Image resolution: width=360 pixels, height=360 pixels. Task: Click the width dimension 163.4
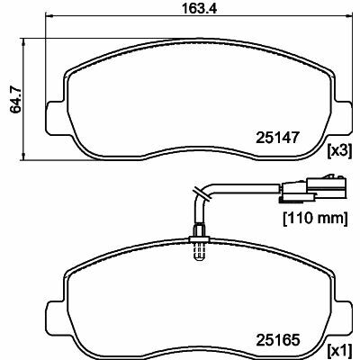(200, 9)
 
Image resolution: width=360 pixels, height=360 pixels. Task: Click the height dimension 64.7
(15, 99)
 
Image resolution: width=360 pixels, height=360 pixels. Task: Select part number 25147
(277, 138)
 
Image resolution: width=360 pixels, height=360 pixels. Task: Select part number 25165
(277, 340)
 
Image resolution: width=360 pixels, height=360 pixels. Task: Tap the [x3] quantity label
(339, 151)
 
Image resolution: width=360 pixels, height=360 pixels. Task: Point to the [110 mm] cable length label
(316, 219)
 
